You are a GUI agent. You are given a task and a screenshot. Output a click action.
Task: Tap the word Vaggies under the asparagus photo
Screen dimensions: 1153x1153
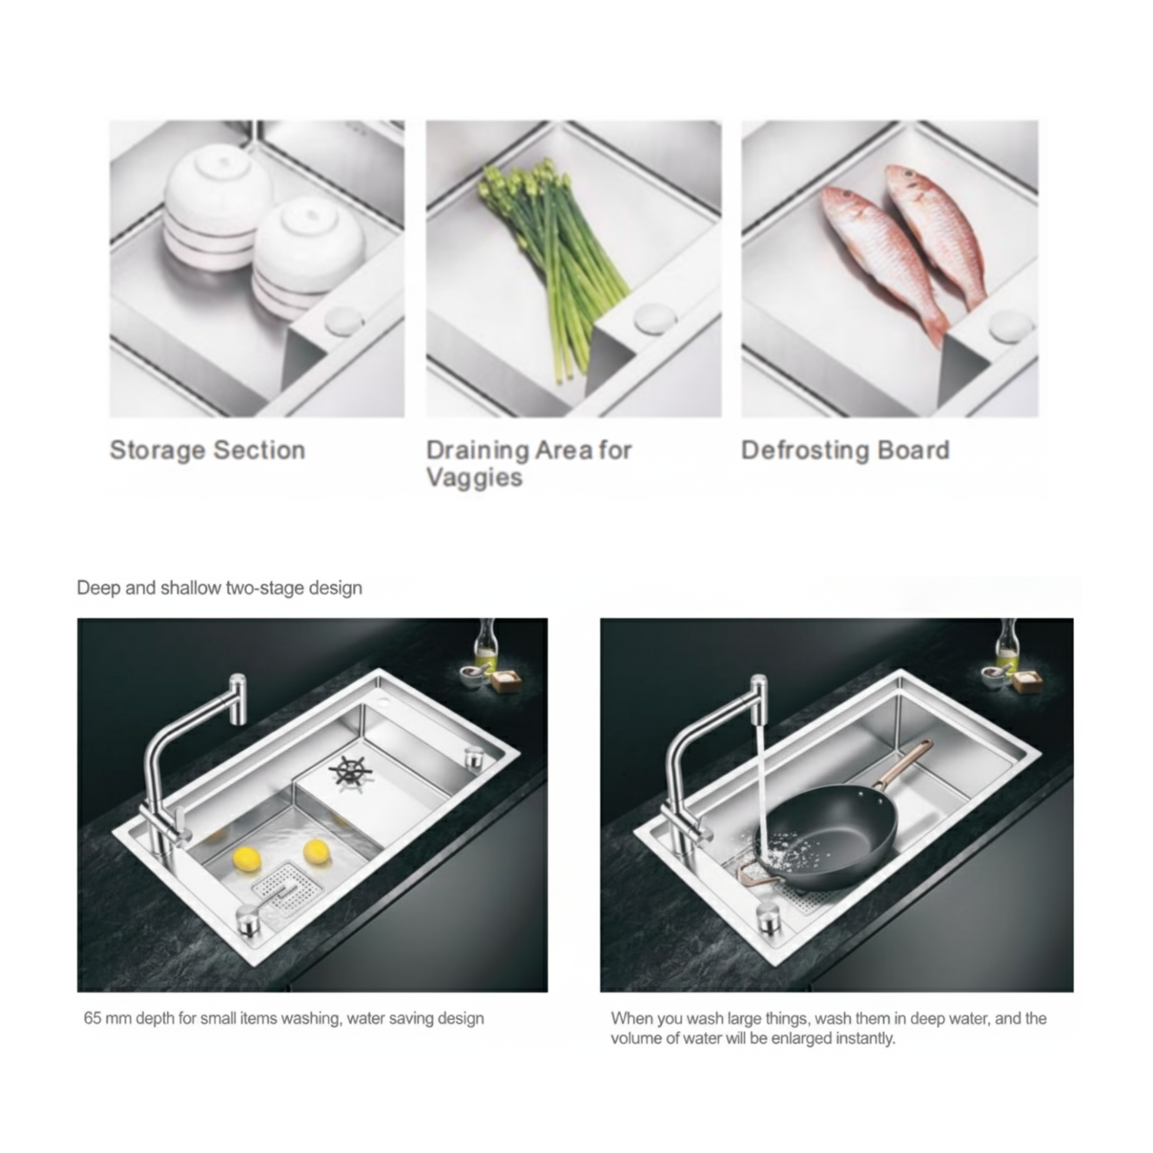474,478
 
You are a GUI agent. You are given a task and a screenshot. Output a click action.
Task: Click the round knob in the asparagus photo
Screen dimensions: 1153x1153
655,318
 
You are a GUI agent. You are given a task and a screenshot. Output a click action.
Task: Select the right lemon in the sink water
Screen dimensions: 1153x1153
317,852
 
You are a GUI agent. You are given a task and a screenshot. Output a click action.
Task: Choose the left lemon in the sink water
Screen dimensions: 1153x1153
246,859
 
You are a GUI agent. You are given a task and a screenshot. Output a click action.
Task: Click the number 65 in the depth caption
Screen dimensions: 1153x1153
92,1018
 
